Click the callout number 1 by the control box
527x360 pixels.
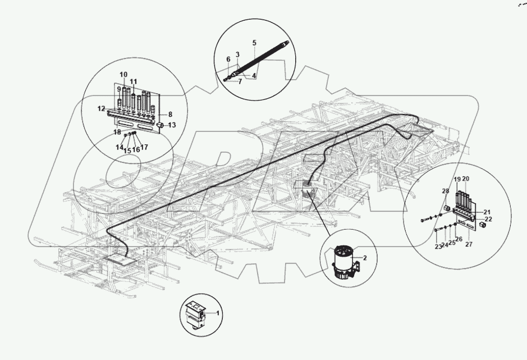[x=218, y=313]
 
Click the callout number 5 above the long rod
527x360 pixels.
[x=254, y=43]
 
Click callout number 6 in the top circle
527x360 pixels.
[x=228, y=59]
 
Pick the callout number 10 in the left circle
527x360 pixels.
[x=123, y=75]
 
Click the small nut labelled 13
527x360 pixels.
[x=159, y=125]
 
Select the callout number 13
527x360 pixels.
[x=172, y=125]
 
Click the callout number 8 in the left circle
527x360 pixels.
[x=170, y=113]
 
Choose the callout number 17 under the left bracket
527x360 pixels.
[x=144, y=147]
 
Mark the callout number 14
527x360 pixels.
[x=120, y=147]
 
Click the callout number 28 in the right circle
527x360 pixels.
[x=445, y=192]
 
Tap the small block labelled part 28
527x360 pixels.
[x=448, y=208]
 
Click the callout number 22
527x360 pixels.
[x=488, y=219]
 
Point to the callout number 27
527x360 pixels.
[x=469, y=245]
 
